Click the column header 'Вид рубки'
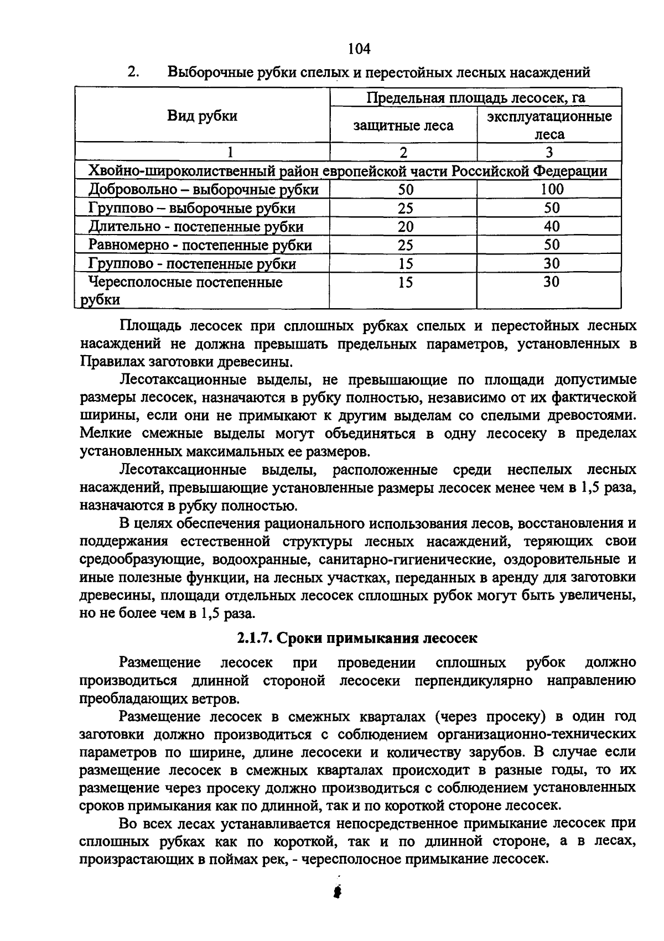(x=202, y=116)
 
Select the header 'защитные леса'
(x=403, y=126)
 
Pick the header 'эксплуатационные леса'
(x=549, y=125)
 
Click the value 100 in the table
(x=552, y=190)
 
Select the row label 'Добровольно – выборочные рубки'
(x=204, y=190)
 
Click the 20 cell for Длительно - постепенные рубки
(x=406, y=227)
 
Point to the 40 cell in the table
(x=551, y=226)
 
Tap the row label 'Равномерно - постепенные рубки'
(x=200, y=245)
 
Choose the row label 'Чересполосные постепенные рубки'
(x=186, y=291)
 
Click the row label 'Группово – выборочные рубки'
(x=192, y=209)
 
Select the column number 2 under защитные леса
(x=403, y=152)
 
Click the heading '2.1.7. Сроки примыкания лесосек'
(x=357, y=638)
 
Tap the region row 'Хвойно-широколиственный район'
(x=348, y=171)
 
